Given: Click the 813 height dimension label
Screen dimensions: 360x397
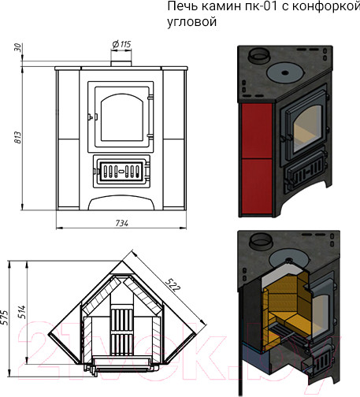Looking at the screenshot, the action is point(18,138).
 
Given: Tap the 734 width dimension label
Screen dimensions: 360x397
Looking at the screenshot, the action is point(122,223).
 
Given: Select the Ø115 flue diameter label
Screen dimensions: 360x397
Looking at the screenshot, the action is point(121,44).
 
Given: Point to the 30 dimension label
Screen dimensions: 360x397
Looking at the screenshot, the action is point(18,48).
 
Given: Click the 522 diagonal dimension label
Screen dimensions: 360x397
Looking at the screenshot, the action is point(173,284).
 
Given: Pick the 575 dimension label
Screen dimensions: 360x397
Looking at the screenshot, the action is point(5,317).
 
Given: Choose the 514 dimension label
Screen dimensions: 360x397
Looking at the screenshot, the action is point(22,312).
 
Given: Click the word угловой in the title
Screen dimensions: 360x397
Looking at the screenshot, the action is point(192,21).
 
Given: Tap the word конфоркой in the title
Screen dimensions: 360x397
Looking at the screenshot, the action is point(326,6).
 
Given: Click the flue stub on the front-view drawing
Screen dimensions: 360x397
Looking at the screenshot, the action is point(121,64).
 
